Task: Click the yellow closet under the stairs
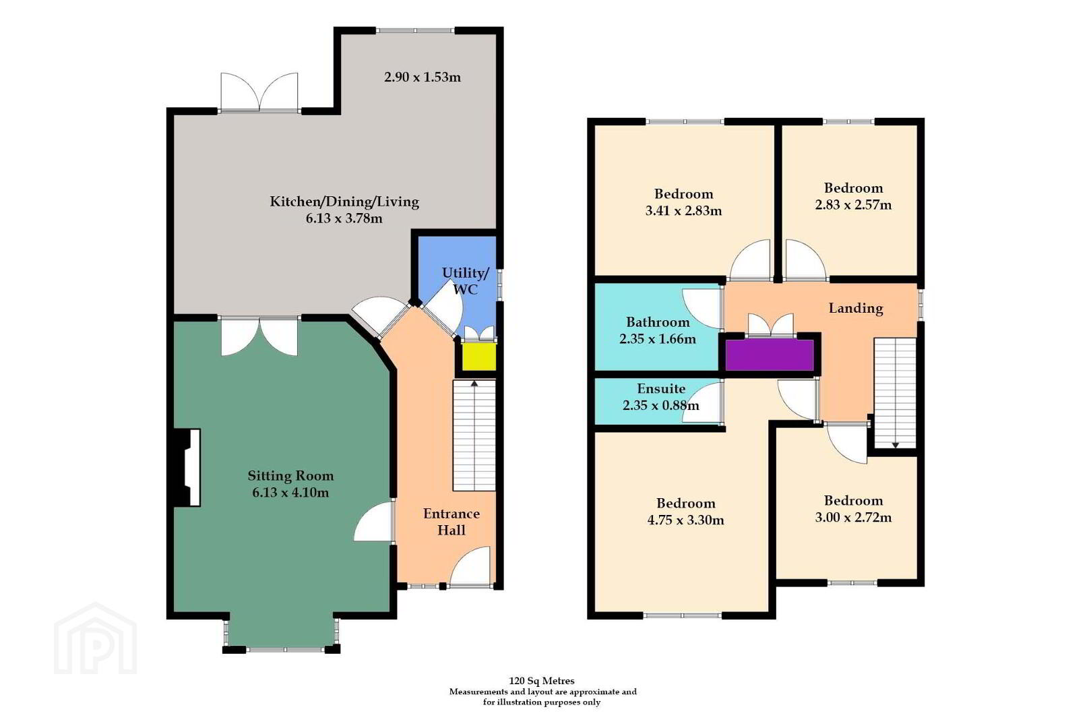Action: (x=478, y=357)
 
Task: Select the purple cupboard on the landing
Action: (x=770, y=355)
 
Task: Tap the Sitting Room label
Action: (x=290, y=476)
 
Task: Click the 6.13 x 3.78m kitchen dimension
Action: (x=344, y=219)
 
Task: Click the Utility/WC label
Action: (x=465, y=281)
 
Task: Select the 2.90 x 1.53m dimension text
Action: (x=423, y=78)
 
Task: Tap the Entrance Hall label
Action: (x=451, y=522)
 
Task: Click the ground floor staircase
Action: (x=474, y=435)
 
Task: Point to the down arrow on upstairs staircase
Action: (x=895, y=446)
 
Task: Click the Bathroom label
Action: (x=658, y=322)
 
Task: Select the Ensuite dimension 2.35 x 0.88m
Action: (x=661, y=405)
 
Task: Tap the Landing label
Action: (x=856, y=309)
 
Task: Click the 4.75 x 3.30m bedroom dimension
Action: (x=686, y=520)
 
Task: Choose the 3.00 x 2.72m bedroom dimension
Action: (x=853, y=518)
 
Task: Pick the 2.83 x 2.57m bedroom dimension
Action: (x=853, y=205)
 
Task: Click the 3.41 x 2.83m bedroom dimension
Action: (x=684, y=211)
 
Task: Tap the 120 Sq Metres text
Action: (x=542, y=681)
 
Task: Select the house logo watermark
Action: (x=96, y=639)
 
